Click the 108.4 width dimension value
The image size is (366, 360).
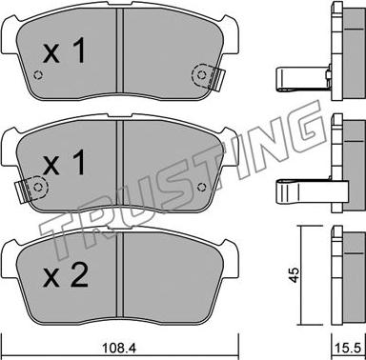tap(119, 349)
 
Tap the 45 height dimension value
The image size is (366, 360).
tap(295, 275)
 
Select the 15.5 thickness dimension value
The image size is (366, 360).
tap(349, 349)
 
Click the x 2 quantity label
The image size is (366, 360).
tap(66, 275)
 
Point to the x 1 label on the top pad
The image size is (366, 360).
tap(65, 50)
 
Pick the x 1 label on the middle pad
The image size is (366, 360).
tap(65, 162)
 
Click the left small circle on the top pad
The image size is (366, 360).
tap(38, 75)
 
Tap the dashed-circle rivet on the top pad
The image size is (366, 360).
tap(201, 75)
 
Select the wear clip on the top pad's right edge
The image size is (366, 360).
tap(217, 78)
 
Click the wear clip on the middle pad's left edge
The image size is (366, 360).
tap(24, 190)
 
